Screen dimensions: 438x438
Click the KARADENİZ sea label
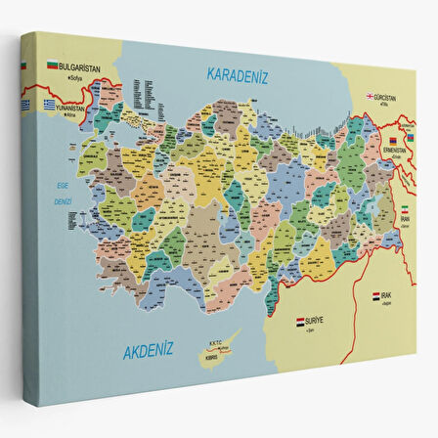[x=237, y=74]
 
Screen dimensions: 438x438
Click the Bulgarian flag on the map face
[x=53, y=65]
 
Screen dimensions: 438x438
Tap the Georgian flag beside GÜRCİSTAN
[x=372, y=97]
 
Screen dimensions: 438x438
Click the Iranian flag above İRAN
[x=406, y=208]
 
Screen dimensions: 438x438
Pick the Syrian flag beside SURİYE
[x=300, y=319]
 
